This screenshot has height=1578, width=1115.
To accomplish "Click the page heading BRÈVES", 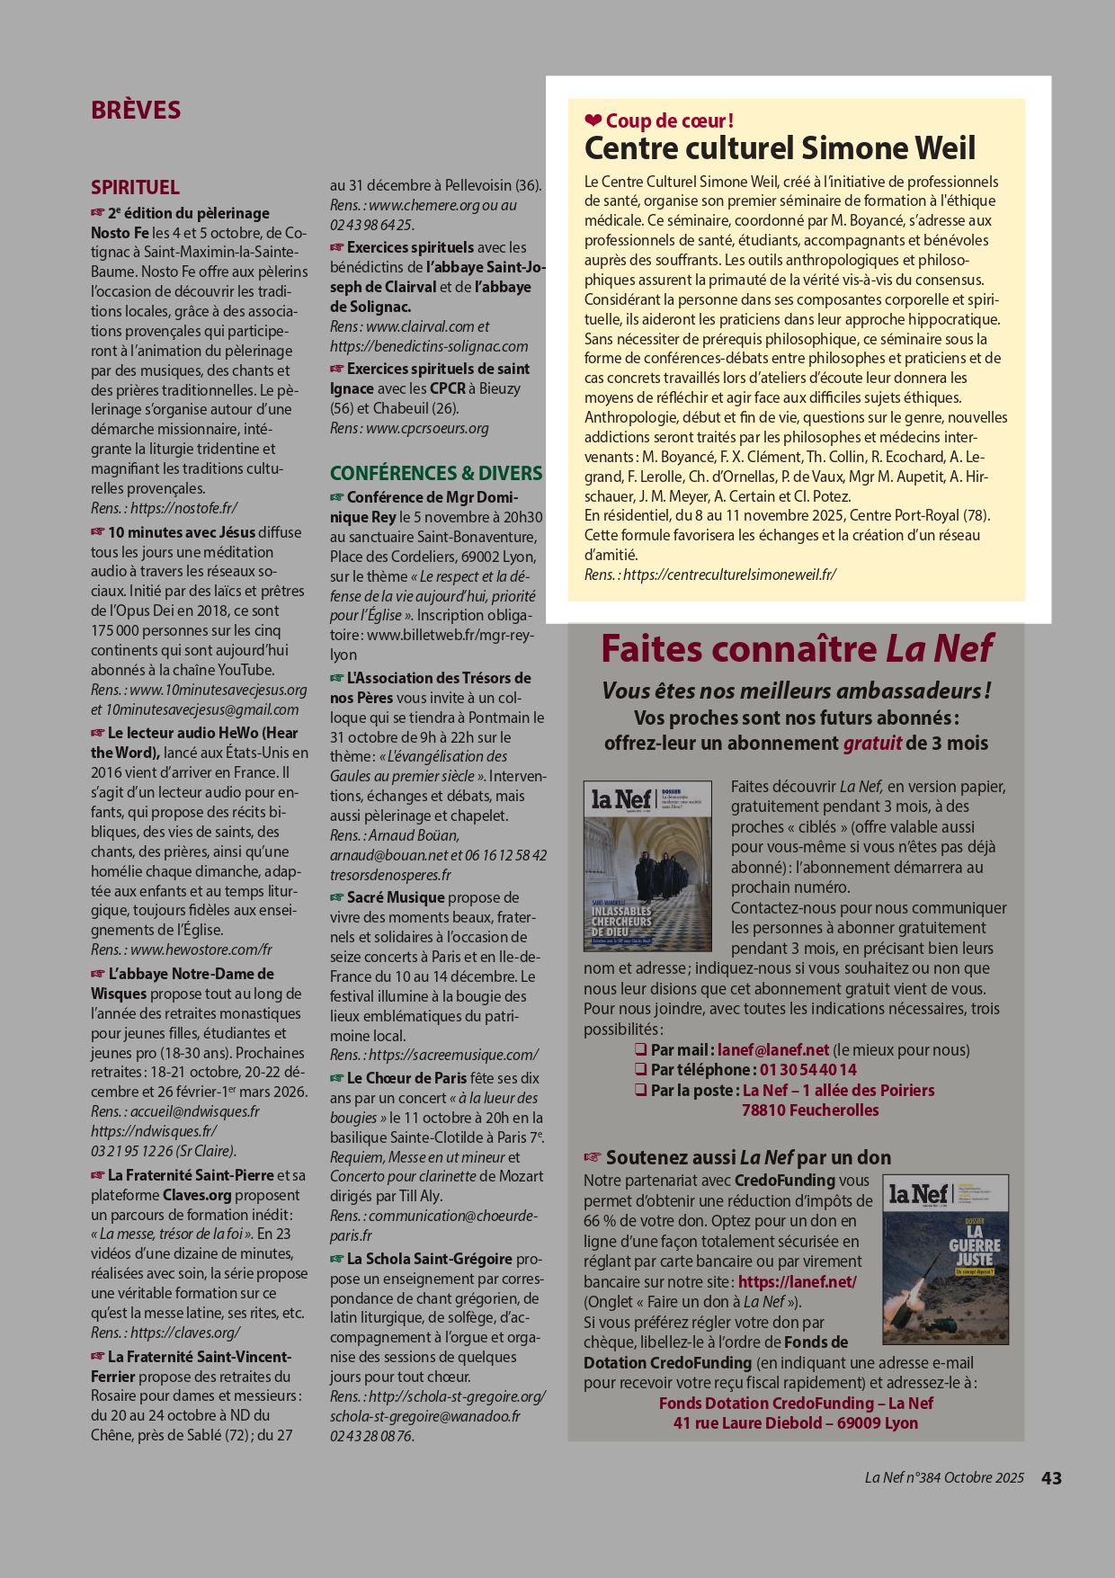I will (136, 110).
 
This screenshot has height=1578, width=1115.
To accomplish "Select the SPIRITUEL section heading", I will (135, 187).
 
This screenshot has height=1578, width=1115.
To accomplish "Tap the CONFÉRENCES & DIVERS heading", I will (436, 473).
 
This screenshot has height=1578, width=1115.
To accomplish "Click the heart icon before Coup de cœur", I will (593, 120).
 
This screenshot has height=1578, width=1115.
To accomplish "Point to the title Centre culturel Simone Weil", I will (780, 148).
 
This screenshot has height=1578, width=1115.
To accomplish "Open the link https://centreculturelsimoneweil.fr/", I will (729, 575).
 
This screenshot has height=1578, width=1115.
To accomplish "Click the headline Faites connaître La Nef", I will (797, 648).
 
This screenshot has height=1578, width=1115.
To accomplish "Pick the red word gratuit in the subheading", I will (872, 744).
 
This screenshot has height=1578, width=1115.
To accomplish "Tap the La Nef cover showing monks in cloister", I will (647, 866).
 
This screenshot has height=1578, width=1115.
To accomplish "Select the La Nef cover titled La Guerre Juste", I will (945, 1259).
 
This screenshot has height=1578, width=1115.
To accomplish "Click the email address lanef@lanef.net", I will (773, 1050).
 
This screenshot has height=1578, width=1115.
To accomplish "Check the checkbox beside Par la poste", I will (641, 1090).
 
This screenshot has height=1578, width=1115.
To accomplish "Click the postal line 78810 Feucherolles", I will (810, 1110).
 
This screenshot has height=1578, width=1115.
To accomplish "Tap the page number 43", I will (1051, 1478).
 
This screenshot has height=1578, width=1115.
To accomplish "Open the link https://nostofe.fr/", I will (183, 509).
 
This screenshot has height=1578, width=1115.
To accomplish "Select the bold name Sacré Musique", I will (396, 897).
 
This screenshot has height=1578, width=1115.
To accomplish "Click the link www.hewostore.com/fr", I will (201, 950).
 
